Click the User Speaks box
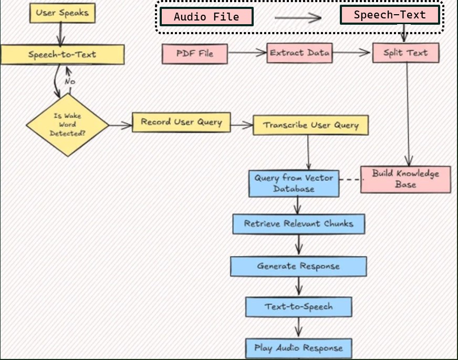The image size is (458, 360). [x=63, y=13]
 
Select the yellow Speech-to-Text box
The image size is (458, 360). [x=63, y=54]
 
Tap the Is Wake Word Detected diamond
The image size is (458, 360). [x=67, y=125]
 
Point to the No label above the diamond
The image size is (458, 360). [x=70, y=81]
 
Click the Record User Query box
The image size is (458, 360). [x=181, y=122]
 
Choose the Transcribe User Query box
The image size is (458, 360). [x=311, y=126]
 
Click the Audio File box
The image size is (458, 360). [x=206, y=17]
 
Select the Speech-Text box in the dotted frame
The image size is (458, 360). [x=390, y=15]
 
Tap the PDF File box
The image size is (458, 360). [x=195, y=54]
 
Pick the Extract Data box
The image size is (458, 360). [x=300, y=53]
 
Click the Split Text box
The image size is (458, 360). [x=405, y=53]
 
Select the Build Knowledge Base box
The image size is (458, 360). [x=405, y=179]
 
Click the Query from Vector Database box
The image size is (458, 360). [x=294, y=183]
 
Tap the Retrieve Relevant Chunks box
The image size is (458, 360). [x=298, y=223]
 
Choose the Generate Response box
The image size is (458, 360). [x=298, y=266]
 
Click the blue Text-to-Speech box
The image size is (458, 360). [x=298, y=306]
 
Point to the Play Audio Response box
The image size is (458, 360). [x=298, y=348]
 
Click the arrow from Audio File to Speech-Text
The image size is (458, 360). [x=297, y=18]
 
